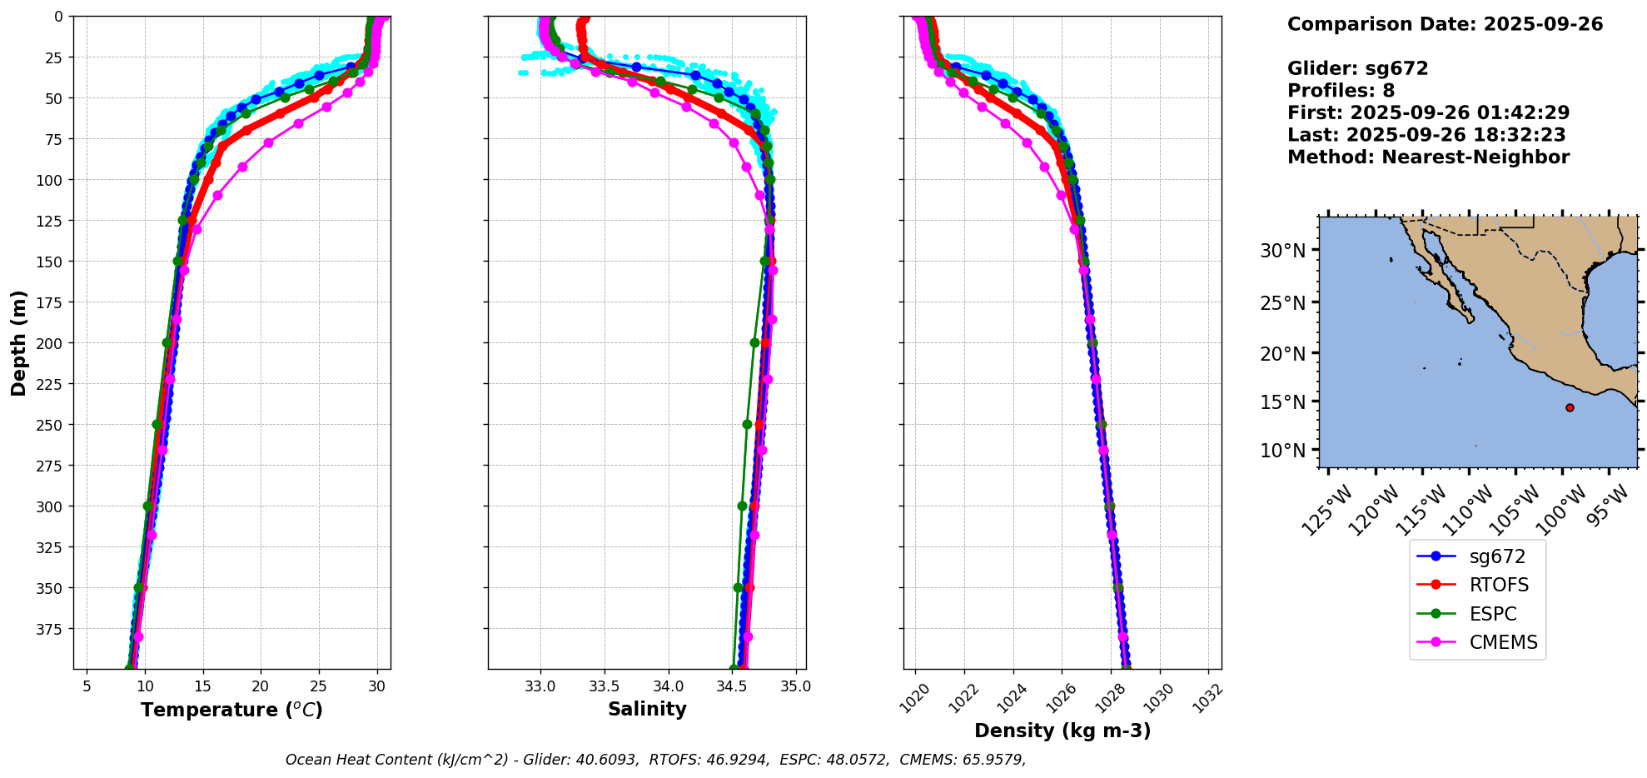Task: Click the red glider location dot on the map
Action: tap(1570, 407)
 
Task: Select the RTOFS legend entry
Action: tap(1499, 585)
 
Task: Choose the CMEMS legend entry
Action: tap(1503, 642)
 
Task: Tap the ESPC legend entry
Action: tap(1493, 614)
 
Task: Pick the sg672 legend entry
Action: tap(1497, 556)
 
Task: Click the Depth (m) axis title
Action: tap(19, 342)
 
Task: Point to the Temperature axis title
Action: tap(231, 710)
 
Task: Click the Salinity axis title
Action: tap(647, 709)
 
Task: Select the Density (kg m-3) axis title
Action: tap(1062, 731)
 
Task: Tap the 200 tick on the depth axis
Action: tap(51, 343)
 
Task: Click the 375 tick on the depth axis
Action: tap(51, 629)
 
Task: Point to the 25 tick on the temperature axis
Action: tap(318, 686)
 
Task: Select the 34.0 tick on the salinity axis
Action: tap(668, 686)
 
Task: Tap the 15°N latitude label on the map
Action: tap(1282, 402)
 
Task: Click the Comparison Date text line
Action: tap(1445, 24)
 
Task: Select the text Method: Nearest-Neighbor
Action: tap(1428, 157)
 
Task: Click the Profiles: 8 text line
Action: tap(1341, 91)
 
